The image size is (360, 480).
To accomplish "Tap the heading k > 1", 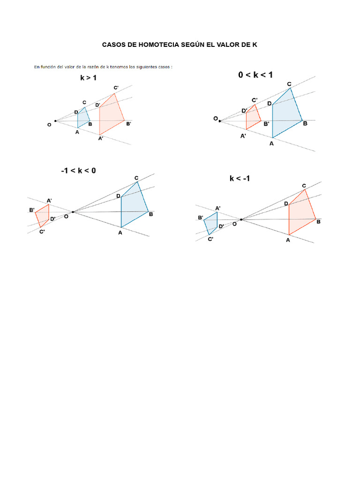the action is tap(88, 78).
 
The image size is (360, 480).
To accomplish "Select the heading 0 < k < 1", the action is tap(255, 75).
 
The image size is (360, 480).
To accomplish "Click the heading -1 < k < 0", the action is tap(78, 171).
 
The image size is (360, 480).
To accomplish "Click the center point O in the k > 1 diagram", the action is tap(55, 121).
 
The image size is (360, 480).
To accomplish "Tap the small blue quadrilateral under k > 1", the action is tap(83, 118).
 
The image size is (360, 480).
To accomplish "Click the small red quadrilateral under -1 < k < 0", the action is tap(42, 216).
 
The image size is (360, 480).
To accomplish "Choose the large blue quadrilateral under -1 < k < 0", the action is tap(133, 206).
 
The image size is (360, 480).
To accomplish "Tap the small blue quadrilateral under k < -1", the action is tap(211, 223).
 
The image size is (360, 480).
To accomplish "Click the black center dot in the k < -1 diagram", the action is tap(241, 219).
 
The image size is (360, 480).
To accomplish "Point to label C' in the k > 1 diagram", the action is tap(116, 88).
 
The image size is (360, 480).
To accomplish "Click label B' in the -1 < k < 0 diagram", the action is tap(32, 210).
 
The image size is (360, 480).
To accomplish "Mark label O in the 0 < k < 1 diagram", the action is tap(216, 119).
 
